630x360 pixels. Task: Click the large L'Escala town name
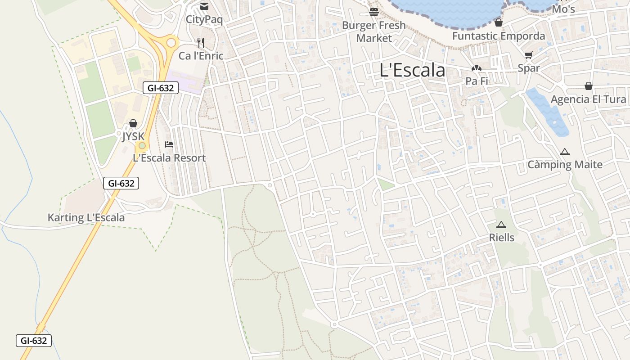pos(412,70)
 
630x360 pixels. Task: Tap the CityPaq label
pos(204,20)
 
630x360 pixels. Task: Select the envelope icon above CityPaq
pos(204,6)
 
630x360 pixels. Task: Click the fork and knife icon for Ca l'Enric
pos(201,43)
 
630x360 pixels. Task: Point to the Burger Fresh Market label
pos(374,31)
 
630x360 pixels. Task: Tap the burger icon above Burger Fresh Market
pos(373,12)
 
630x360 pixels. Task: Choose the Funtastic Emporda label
pos(499,36)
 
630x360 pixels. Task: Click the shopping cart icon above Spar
pos(528,55)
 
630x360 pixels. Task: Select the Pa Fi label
pos(477,81)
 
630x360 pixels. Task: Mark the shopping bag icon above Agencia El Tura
pos(588,86)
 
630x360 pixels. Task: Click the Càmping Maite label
pos(565,165)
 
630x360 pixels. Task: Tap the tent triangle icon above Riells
pos(501,225)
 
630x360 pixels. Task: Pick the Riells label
pos(501,237)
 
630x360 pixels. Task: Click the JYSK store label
pos(133,136)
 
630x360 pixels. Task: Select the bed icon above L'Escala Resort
pos(169,144)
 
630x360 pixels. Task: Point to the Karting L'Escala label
pos(86,218)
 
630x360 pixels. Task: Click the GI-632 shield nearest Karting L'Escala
pos(121,183)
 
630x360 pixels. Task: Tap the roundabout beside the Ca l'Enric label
pos(171,43)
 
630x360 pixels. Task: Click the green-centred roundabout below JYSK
pos(142,145)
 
